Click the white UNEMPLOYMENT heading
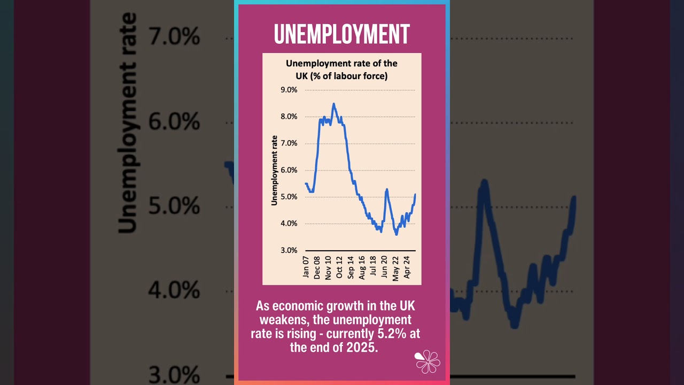click(341, 34)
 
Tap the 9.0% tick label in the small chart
click(289, 90)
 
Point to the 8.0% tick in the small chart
click(289, 117)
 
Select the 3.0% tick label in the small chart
click(289, 250)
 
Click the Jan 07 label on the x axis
click(306, 267)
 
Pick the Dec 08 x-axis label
click(317, 267)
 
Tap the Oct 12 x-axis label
click(340, 267)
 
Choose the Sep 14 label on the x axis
click(351, 267)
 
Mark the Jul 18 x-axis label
click(374, 267)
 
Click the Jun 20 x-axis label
click(385, 267)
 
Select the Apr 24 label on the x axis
click(407, 267)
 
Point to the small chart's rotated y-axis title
click(274, 170)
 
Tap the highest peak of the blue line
click(333, 104)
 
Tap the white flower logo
click(428, 361)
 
